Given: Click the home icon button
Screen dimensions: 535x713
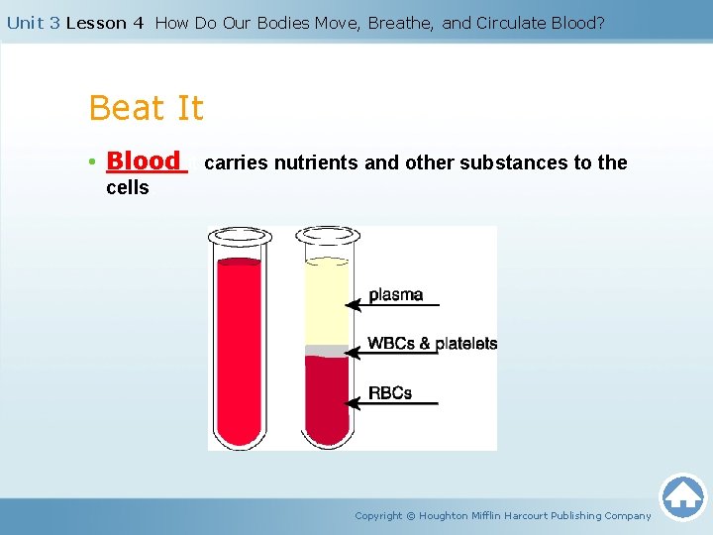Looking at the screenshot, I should pos(682,496).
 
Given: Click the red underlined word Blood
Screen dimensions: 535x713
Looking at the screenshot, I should pos(145,160).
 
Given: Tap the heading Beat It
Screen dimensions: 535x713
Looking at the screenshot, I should pos(146,107).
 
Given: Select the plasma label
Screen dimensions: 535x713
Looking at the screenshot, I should pos(395,294).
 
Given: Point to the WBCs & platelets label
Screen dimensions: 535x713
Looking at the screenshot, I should pos(432,344).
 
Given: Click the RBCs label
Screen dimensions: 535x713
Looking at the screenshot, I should pos(390,392).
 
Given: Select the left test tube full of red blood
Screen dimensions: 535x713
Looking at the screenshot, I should pos(238,347).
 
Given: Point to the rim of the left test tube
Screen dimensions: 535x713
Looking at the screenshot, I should pos(238,238).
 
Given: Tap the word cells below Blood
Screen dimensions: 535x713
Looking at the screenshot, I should pos(127,188).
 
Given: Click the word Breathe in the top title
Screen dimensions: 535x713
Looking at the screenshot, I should pos(401,23).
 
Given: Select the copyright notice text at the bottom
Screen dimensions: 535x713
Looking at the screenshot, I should pos(503,515).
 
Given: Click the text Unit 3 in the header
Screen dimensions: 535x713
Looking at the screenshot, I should pos(33,23).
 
